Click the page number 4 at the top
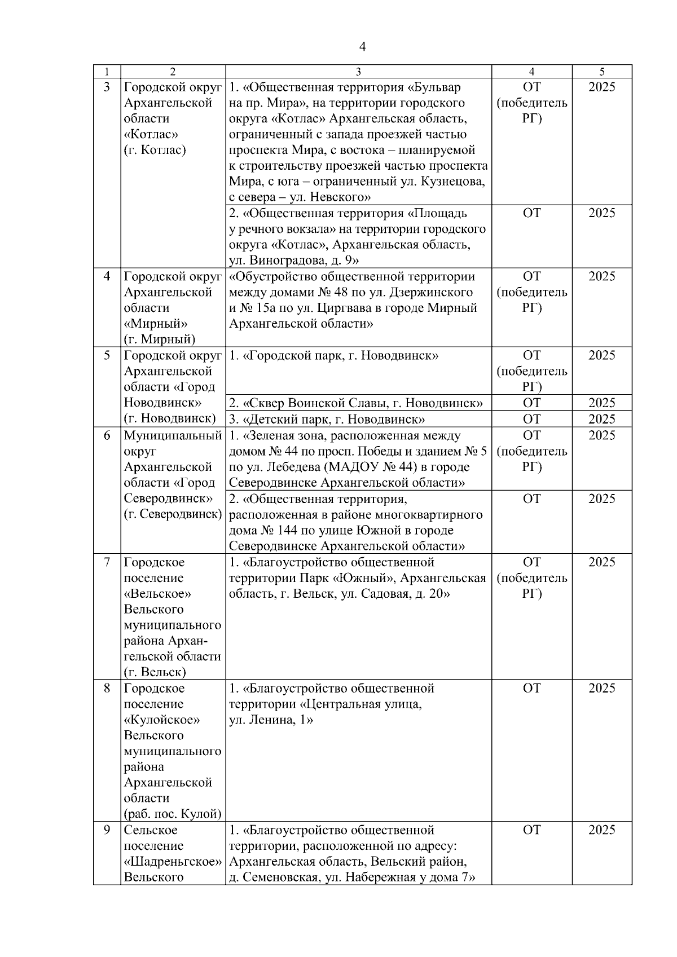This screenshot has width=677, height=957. click(363, 47)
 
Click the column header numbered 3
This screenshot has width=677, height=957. click(359, 72)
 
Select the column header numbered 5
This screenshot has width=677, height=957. click(602, 72)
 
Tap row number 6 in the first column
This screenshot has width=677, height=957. click(107, 435)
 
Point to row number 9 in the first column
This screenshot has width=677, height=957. click(107, 830)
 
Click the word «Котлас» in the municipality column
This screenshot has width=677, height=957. click(151, 134)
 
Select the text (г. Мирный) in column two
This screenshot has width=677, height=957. click(160, 339)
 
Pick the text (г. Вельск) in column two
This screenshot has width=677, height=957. click(155, 672)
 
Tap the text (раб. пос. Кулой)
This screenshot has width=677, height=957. click(173, 814)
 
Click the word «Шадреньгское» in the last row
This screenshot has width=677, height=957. click(173, 862)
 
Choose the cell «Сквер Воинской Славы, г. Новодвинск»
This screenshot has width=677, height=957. click(356, 403)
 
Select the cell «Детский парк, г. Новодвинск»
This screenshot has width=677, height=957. click(327, 419)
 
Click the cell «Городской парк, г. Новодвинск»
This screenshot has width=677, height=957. click(334, 355)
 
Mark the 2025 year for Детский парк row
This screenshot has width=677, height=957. click(602, 419)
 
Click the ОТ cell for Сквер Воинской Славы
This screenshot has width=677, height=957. click(531, 403)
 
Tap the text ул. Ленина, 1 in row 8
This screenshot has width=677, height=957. click(271, 720)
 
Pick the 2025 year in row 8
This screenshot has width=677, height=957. click(602, 689)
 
